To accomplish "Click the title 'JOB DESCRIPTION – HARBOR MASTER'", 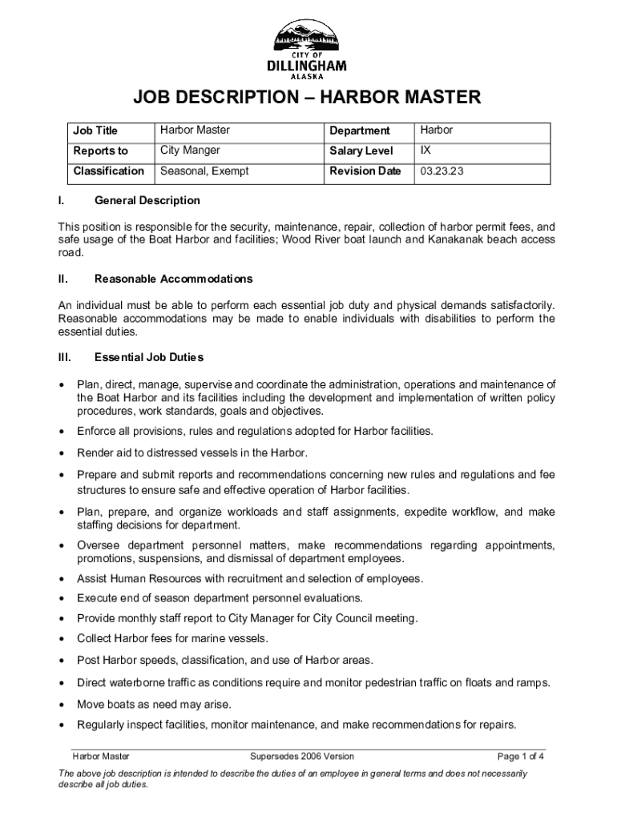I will (x=307, y=99).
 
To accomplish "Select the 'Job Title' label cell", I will (x=95, y=131).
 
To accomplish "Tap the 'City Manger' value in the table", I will (x=190, y=151).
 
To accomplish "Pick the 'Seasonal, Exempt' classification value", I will (x=204, y=171).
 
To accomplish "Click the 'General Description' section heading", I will (x=147, y=200).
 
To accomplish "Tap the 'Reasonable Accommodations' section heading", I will (x=173, y=279).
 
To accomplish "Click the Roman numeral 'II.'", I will (x=64, y=279).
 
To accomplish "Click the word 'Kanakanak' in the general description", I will (x=454, y=239).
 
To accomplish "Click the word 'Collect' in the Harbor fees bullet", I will (x=94, y=639).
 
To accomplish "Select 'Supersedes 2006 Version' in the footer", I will (x=302, y=756).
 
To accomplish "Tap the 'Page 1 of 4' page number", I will (x=522, y=756).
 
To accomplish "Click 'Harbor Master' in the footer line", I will (x=101, y=756).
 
